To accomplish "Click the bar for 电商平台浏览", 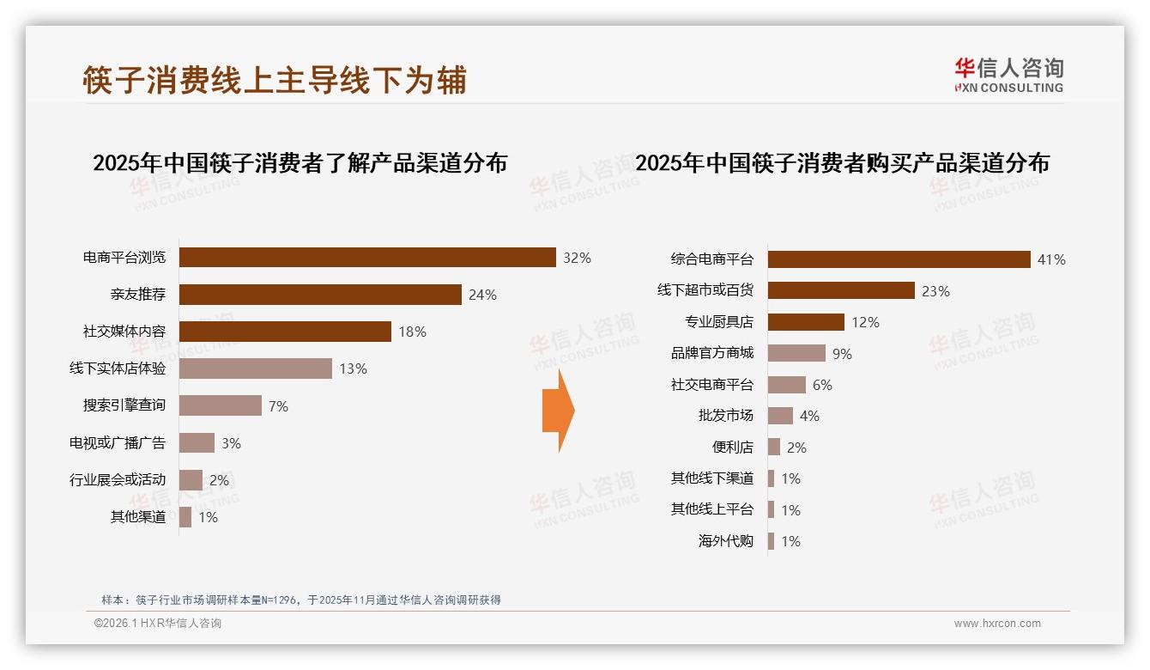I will (367, 258).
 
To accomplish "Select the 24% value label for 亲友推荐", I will (482, 295).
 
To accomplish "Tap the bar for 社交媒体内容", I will (285, 332).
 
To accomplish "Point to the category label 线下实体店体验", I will (118, 368).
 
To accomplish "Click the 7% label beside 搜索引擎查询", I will (278, 406).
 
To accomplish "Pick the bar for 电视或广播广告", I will (197, 443).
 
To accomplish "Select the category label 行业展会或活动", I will (118, 479).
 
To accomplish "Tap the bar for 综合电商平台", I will (899, 259).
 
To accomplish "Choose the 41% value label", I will (1051, 259).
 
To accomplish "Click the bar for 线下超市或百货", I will (841, 290).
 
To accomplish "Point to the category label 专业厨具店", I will (718, 322).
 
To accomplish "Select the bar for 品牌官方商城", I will (796, 353).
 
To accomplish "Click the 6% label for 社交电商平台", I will (822, 385).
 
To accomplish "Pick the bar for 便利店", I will (774, 447).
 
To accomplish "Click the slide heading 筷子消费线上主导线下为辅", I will (275, 80).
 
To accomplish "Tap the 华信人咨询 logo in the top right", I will (1008, 75).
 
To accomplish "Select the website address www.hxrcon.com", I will (997, 624).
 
